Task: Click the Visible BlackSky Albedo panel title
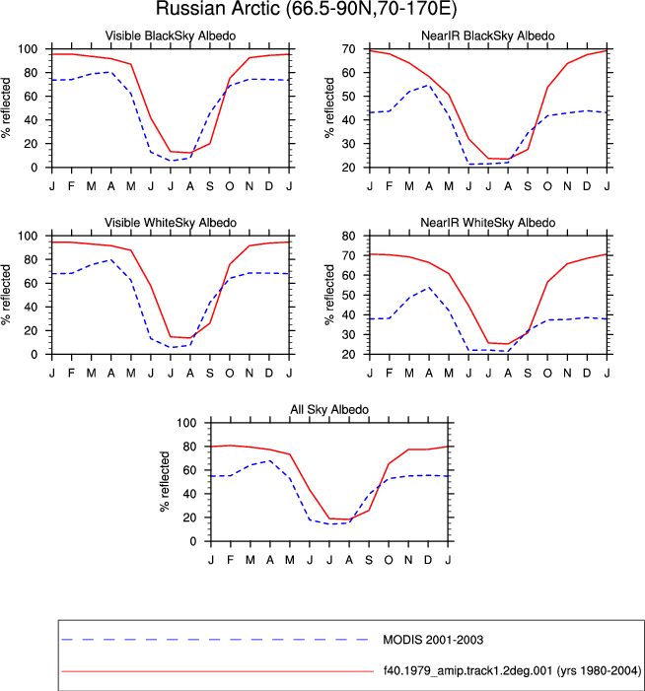click(x=171, y=35)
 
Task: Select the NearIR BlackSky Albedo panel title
click(x=487, y=35)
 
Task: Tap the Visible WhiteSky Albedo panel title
click(x=171, y=223)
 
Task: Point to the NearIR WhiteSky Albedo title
click(x=487, y=223)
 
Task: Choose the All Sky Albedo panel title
click(x=329, y=409)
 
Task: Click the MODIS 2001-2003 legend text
click(x=433, y=640)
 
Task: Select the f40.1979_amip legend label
click(x=512, y=670)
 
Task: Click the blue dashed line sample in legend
click(x=215, y=640)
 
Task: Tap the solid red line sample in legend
click(x=218, y=671)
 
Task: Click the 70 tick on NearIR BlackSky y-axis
click(x=348, y=49)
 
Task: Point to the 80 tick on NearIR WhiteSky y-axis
click(x=348, y=236)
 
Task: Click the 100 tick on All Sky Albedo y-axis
click(x=186, y=423)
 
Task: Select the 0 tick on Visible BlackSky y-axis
click(x=34, y=168)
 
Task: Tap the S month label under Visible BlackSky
click(x=210, y=186)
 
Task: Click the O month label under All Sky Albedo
click(x=389, y=560)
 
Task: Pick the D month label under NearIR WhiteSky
click(x=587, y=374)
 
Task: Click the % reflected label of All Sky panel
click(x=165, y=482)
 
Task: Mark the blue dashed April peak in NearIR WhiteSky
click(x=429, y=287)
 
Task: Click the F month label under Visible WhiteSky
click(x=71, y=374)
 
